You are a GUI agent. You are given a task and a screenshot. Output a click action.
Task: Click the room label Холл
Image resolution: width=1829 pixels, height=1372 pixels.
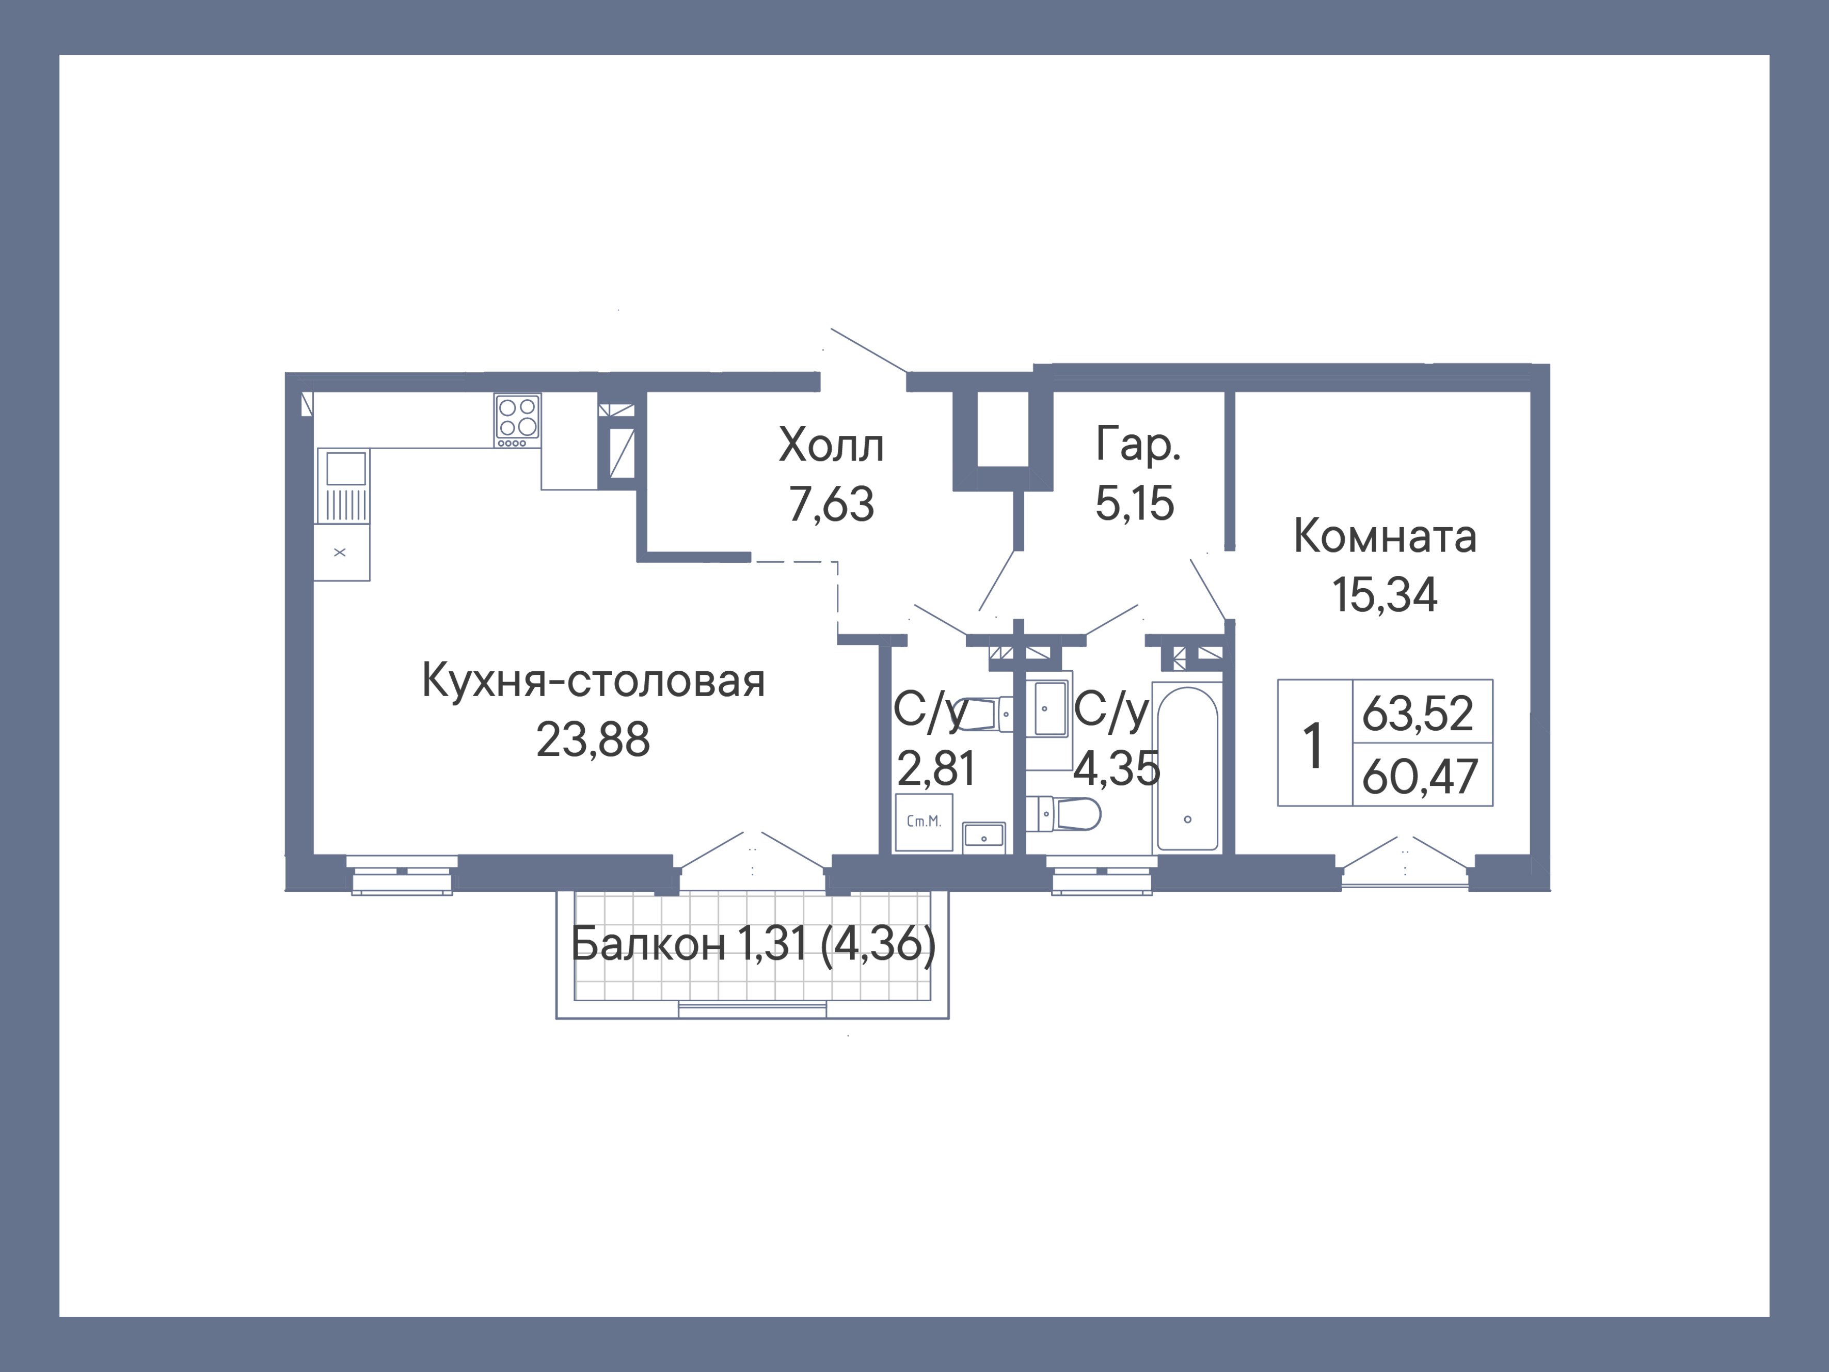coord(831,445)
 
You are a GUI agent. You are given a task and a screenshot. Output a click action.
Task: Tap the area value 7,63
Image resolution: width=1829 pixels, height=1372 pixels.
coord(831,504)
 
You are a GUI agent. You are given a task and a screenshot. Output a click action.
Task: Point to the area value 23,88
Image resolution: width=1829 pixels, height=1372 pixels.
coord(593,739)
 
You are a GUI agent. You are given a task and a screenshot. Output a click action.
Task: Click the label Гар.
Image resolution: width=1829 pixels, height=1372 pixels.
coord(1138,445)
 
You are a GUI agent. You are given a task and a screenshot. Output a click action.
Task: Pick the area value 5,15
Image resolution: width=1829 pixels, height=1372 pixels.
coord(1135,503)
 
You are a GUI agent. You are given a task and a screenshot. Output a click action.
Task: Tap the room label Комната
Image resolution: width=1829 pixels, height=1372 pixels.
coord(1385,536)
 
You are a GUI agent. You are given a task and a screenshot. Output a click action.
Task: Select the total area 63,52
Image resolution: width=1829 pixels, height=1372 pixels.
coord(1417,713)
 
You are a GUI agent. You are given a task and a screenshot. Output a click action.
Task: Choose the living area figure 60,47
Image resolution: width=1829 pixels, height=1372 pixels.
coord(1419,777)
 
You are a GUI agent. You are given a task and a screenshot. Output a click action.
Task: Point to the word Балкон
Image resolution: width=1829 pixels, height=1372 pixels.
coord(647,943)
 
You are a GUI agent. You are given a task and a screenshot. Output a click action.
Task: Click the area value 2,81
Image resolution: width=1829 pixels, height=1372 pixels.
coord(936,769)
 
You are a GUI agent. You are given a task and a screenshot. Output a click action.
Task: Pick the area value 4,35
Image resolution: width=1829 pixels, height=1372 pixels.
coord(1116,769)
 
